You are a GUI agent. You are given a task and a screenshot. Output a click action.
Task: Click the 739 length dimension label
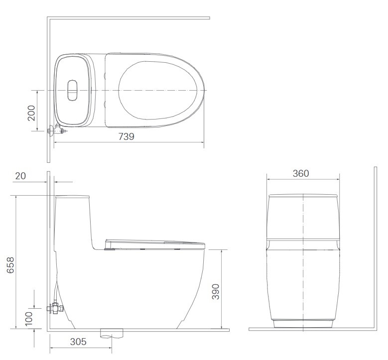126,136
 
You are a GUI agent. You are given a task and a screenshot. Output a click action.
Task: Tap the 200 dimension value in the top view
31,113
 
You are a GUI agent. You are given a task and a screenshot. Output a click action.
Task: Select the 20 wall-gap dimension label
20,176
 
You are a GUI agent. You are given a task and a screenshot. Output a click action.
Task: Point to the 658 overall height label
10,265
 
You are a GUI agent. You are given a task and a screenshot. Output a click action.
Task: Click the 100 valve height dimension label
29,318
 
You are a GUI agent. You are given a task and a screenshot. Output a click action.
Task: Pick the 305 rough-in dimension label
78,342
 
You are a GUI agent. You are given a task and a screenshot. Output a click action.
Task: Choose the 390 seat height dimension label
216,292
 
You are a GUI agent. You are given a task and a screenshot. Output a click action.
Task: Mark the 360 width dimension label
301,173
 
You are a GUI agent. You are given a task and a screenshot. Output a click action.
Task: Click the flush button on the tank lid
73,90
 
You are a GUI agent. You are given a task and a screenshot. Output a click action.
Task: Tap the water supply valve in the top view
57,130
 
